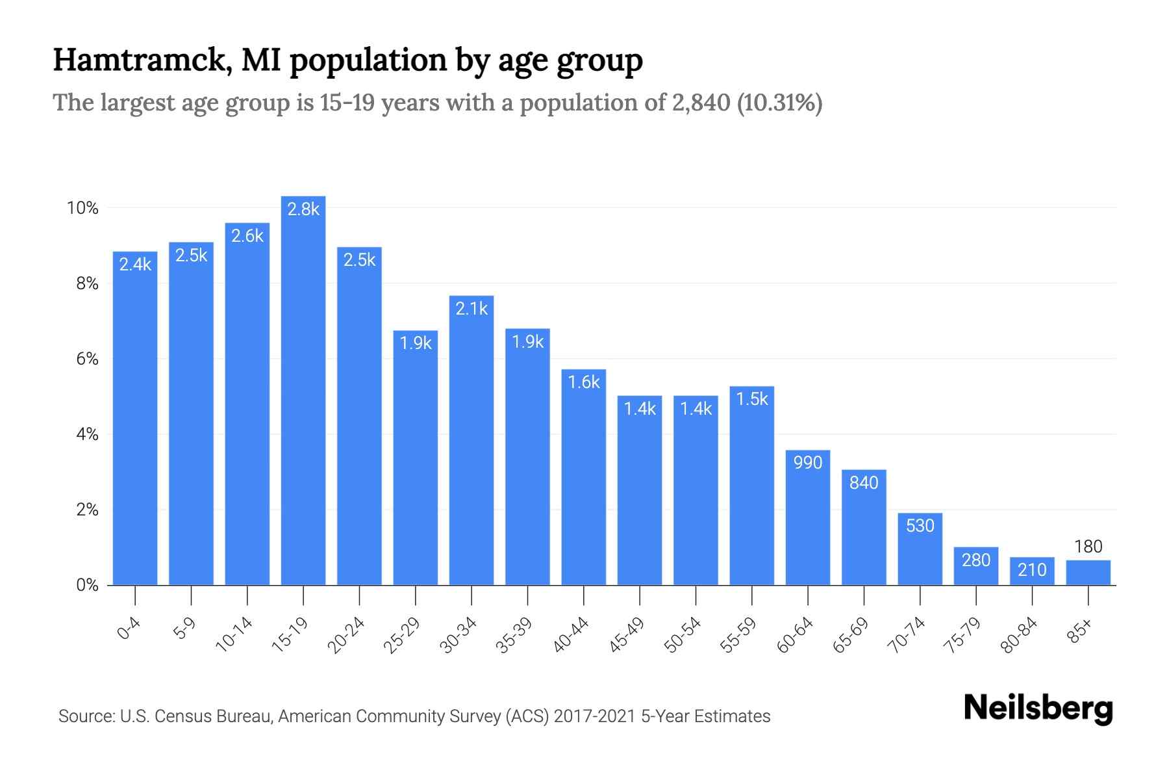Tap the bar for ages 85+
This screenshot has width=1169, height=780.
(x=1088, y=573)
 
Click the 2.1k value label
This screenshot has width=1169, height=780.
(x=471, y=308)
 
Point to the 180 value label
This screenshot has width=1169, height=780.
(x=1088, y=547)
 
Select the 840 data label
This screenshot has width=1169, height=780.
(x=864, y=482)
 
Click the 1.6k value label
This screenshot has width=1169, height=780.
(x=584, y=382)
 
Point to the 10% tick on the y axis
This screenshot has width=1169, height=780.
(x=82, y=208)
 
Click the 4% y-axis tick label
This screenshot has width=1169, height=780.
(x=87, y=434)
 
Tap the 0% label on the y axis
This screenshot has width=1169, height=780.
(x=87, y=585)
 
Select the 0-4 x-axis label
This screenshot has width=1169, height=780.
(x=129, y=629)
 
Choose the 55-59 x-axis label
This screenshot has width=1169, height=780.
(x=738, y=635)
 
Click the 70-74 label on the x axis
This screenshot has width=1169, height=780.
(x=907, y=635)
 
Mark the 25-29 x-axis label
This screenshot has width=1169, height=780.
(x=402, y=635)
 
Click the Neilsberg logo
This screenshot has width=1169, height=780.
(x=1038, y=708)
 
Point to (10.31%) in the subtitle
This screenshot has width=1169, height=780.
(x=779, y=103)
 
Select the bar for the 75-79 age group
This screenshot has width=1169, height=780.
(x=976, y=567)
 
